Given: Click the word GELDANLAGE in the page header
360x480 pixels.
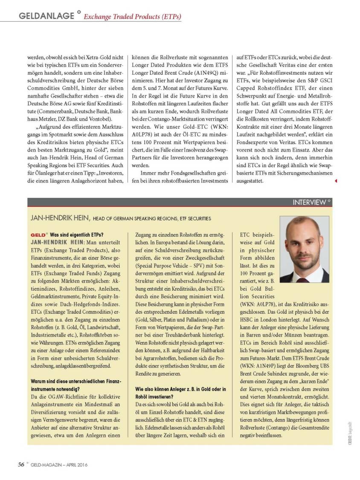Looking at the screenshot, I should tap(46, 16).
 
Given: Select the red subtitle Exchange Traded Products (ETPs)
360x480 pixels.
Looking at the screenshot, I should tap(132, 17).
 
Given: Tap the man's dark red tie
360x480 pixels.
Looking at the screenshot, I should tap(303, 279).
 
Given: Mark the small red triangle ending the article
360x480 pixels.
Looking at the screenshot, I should tap(336, 181).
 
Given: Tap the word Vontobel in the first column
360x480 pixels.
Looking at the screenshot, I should tap(99, 119).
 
